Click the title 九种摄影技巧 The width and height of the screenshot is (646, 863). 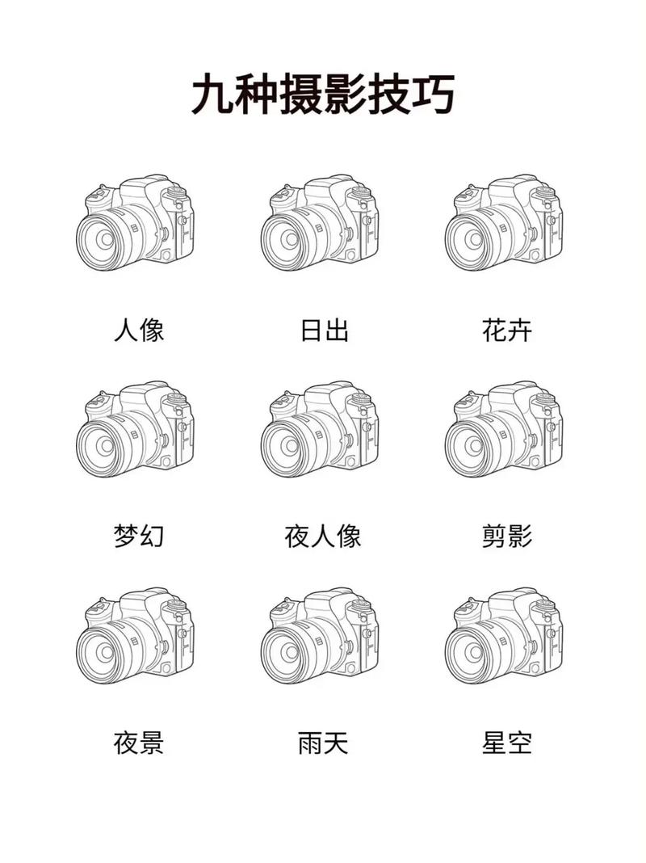pos(323,96)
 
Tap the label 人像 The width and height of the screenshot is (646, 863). pos(139,330)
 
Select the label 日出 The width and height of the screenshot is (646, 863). pos(324,330)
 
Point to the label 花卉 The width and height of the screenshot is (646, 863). pos(507,330)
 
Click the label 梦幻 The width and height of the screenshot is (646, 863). pos(139,536)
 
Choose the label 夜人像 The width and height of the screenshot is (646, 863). pos(323,536)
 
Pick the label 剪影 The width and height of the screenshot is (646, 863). pos(507,536)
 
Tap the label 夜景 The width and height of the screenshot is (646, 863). pos(139,743)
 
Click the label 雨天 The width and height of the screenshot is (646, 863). pos(323,743)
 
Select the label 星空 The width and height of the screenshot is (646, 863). pos(507,743)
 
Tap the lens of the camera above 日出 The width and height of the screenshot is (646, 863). pos(290,239)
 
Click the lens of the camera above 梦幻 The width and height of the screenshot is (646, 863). pos(106,444)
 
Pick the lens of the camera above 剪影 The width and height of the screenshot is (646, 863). pos(474,444)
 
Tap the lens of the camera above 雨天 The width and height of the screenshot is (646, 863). pos(290,650)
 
